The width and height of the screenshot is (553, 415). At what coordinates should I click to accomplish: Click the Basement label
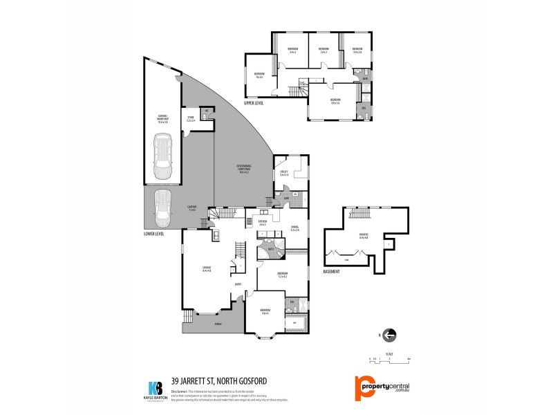[332, 272]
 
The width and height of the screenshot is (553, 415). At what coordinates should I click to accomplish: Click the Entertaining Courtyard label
[243, 167]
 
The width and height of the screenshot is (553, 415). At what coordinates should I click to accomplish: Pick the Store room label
[190, 118]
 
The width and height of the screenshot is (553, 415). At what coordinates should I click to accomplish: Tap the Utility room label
[283, 173]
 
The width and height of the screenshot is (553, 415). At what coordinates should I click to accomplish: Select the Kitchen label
[263, 223]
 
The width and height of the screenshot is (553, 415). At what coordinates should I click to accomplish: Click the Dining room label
[294, 228]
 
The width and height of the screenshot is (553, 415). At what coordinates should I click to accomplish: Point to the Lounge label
[207, 269]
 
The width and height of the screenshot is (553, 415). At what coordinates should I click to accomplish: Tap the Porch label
[218, 324]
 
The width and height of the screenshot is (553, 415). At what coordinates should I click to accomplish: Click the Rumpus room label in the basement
[364, 236]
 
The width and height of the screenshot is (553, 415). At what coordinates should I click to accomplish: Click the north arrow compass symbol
[389, 335]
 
